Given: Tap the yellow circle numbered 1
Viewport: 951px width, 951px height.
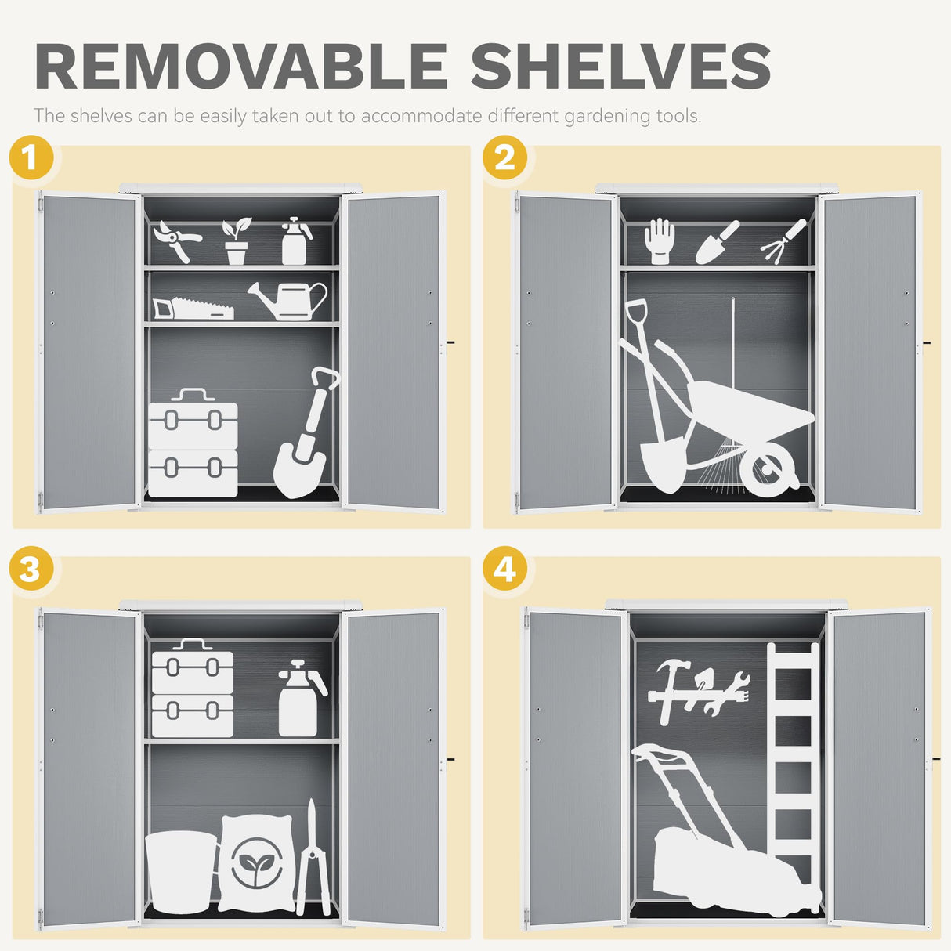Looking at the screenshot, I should point(31,158).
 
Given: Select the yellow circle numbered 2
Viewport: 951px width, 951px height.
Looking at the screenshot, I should point(504,158).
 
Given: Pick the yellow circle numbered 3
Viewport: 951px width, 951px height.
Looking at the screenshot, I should point(31,569).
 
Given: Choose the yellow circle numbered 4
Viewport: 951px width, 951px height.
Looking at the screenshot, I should point(504,569).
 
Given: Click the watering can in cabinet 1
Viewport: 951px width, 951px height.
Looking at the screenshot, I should point(291,301).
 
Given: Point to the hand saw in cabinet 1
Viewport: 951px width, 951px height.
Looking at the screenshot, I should point(192,309).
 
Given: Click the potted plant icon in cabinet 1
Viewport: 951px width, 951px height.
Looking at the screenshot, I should point(236,242).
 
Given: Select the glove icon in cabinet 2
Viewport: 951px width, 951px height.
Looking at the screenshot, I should point(660,240).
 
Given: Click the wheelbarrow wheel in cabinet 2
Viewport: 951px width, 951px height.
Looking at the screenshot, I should point(769,471).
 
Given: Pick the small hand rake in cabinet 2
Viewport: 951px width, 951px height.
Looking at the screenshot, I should point(783,240).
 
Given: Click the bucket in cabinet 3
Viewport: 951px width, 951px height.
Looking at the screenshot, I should point(180,871).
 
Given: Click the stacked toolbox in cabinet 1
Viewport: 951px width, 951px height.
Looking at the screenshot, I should point(193,445).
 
